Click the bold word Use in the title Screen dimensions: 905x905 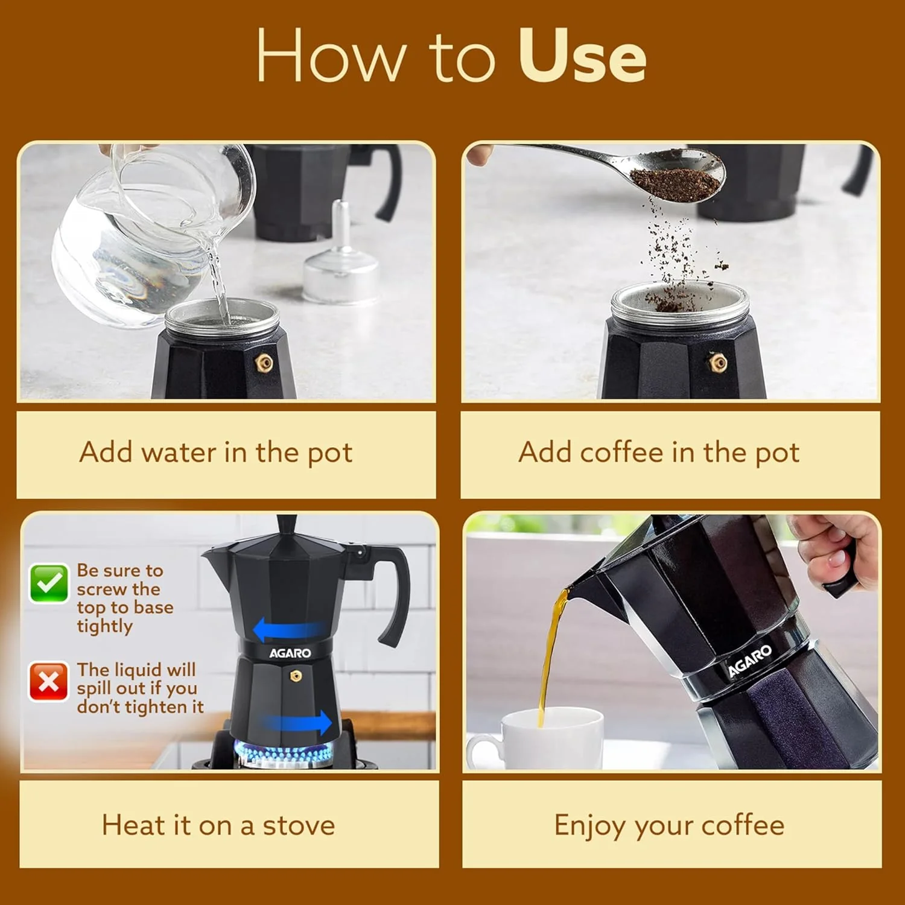[582, 56]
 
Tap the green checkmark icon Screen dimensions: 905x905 [49, 583]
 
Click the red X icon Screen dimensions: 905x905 [49, 682]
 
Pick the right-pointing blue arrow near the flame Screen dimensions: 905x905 [297, 722]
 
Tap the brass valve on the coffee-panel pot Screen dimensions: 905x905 [717, 362]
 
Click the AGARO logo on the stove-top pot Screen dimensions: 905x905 [290, 653]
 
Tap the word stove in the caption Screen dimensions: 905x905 [299, 825]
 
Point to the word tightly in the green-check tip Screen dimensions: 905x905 [104, 626]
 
